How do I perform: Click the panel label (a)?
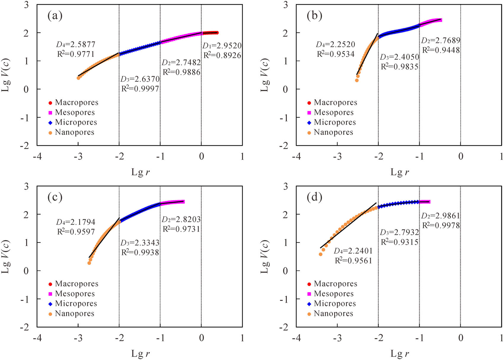(x=55, y=16)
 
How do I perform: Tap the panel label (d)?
(x=314, y=197)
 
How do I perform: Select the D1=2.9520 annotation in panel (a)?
(x=222, y=46)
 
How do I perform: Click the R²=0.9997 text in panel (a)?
(x=140, y=89)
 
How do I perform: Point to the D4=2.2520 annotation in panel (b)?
(x=335, y=44)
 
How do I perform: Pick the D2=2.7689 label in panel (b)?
(x=441, y=40)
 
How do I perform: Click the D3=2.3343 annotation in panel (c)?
(x=140, y=243)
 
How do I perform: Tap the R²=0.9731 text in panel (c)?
(x=181, y=229)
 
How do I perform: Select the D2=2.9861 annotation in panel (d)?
(x=441, y=216)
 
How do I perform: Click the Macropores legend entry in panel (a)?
(x=76, y=103)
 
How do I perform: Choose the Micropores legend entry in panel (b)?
(x=334, y=122)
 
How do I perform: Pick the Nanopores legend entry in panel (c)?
(x=74, y=314)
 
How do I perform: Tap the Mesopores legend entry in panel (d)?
(x=334, y=294)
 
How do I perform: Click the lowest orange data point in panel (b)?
(x=357, y=80)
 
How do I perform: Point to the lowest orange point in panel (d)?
(x=320, y=254)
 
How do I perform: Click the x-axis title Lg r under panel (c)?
(x=141, y=353)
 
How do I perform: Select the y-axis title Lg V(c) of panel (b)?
(x=265, y=75)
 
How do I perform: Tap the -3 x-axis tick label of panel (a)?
(x=78, y=156)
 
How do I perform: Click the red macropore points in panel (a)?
(x=211, y=33)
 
